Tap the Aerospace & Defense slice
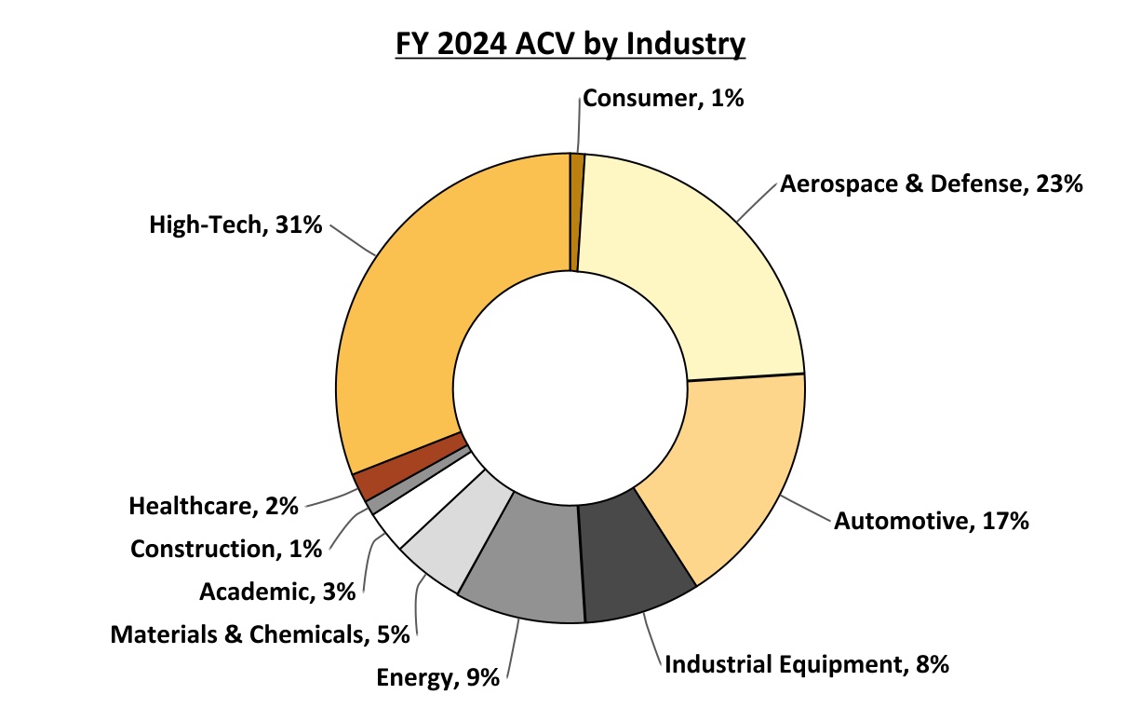pyautogui.click(x=689, y=261)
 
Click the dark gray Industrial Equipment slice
pyautogui.click(x=633, y=559)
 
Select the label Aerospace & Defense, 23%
pyautogui.click(x=931, y=184)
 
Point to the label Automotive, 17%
pyautogui.click(x=931, y=522)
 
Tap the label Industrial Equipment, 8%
pyautogui.click(x=806, y=664)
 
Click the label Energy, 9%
pyautogui.click(x=438, y=677)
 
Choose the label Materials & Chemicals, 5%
pyautogui.click(x=261, y=634)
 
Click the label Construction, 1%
pyautogui.click(x=226, y=549)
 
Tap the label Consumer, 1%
pyautogui.click(x=663, y=98)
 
